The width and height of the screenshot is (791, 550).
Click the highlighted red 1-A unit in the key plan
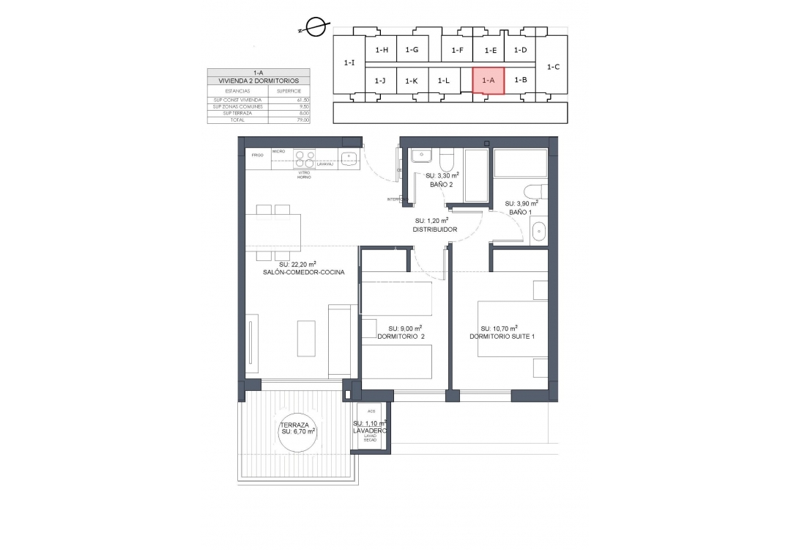pos(489,80)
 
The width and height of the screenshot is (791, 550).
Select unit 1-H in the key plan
pos(381,50)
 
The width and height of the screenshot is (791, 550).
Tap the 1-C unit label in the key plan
pos(553,67)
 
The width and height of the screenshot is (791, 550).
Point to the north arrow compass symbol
pos(316,28)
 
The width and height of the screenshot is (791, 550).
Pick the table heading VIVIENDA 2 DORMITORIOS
pos(259,81)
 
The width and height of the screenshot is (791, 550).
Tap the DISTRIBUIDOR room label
pos(434,230)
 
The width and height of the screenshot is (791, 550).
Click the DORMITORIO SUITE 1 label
pos(502,337)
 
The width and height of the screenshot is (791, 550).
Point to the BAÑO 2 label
pos(441,185)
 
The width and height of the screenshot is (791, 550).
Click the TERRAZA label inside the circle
pos(297,425)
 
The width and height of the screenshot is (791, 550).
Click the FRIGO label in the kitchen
pos(257,155)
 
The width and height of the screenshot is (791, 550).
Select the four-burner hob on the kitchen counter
pos(304,159)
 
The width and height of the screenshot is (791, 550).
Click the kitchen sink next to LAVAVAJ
pos(349,157)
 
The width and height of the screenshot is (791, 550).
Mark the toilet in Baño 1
pos(532,192)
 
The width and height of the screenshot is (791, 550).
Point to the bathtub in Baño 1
pos(520,164)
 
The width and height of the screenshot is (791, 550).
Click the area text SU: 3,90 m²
pos(520,203)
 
